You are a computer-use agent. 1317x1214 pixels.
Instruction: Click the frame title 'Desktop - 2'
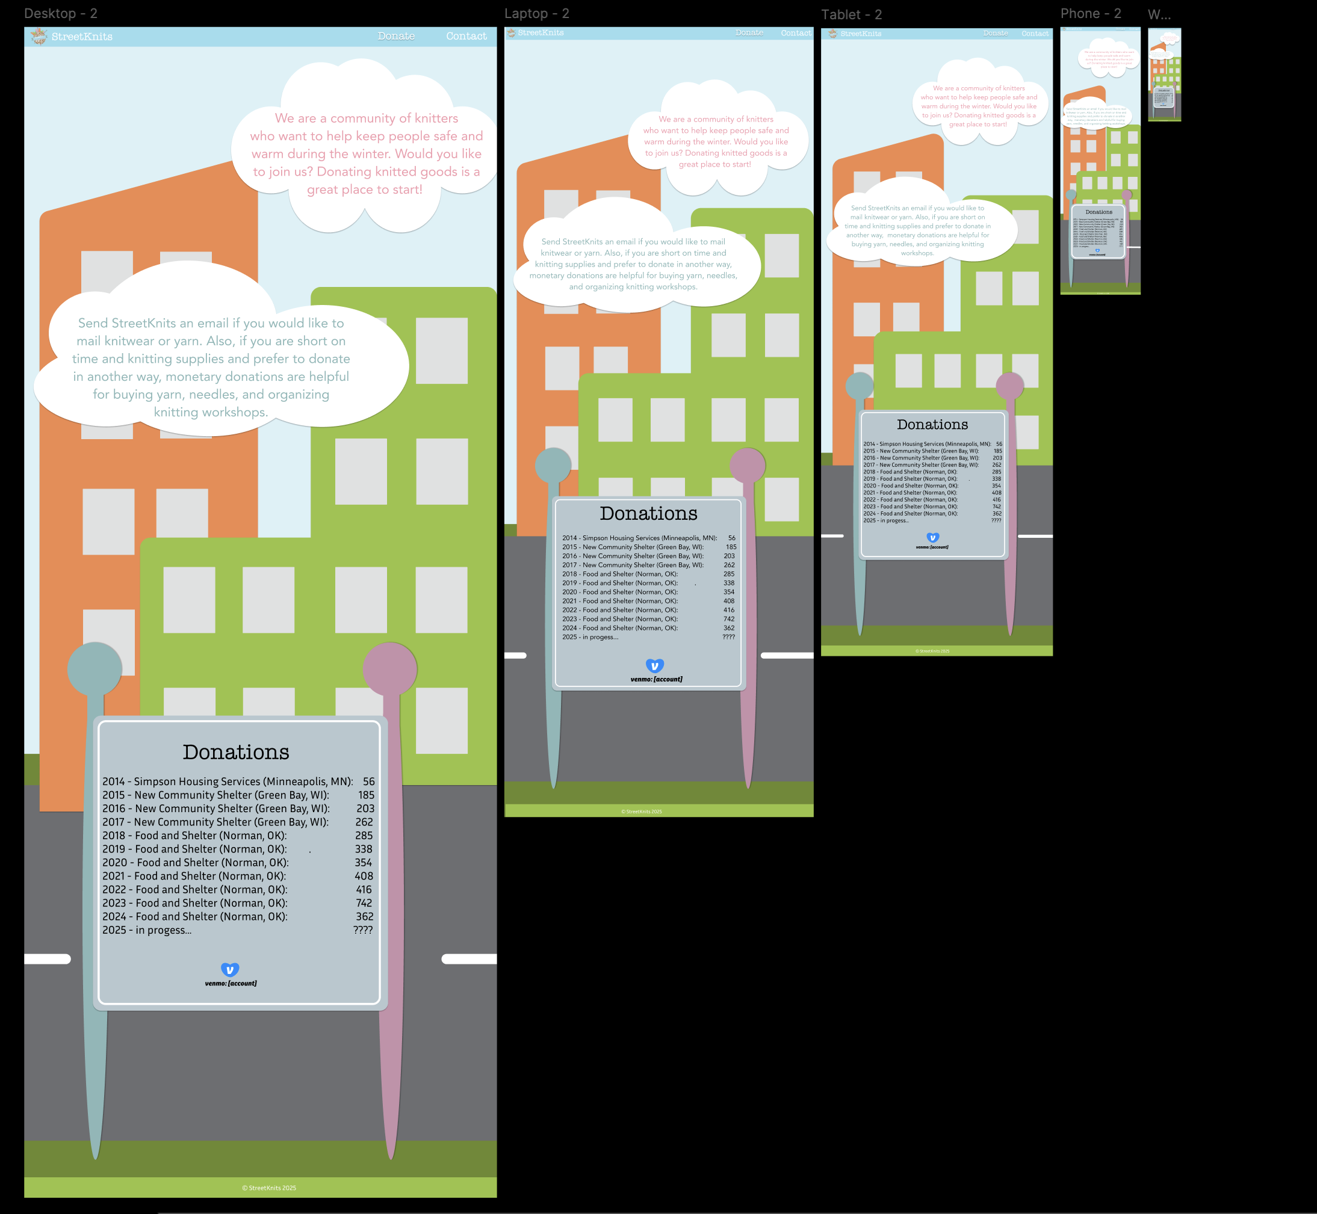(60, 13)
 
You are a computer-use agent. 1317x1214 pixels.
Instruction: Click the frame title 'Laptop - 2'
(536, 13)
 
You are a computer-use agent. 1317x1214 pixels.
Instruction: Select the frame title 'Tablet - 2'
(851, 14)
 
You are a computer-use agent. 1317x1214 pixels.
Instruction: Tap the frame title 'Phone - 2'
(1090, 13)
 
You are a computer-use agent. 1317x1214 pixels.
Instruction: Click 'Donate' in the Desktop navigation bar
(395, 36)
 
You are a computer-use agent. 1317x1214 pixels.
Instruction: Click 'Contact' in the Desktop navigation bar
(466, 36)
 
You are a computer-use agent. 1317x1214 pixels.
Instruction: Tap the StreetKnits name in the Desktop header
(81, 37)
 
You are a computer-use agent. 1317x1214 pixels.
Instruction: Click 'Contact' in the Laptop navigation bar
(795, 33)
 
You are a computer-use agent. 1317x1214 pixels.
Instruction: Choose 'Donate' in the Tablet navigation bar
(995, 33)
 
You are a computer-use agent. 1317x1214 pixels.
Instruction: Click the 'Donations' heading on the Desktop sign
(236, 752)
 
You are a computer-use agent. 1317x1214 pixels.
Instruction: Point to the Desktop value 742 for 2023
(364, 903)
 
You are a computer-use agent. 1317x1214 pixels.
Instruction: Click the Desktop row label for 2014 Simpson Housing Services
(228, 781)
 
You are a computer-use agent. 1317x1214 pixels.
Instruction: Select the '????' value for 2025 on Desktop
(363, 930)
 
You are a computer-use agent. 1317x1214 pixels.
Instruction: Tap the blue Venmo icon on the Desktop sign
(230, 970)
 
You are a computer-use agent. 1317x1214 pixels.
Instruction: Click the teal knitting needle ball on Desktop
(95, 669)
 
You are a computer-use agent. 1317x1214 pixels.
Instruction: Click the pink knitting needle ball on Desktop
(389, 669)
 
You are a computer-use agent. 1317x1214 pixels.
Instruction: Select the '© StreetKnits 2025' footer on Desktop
(269, 1188)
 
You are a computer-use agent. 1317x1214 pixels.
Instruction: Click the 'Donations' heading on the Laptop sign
(648, 513)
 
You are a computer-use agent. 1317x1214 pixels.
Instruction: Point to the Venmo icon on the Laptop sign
(654, 665)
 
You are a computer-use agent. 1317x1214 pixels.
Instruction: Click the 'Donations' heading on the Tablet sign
(932, 424)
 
